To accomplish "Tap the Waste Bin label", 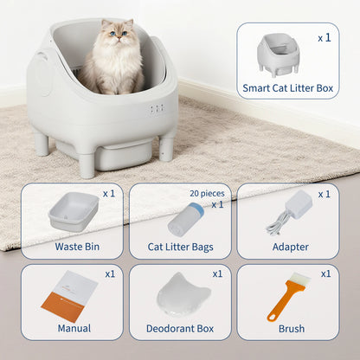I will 77,247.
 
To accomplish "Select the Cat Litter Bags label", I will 180,247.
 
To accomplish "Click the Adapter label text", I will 289,247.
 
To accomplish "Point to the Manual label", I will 74,329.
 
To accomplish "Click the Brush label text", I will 291,329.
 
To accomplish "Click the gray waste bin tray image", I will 73,210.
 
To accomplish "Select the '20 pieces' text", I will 207,194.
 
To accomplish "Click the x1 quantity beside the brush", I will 325,273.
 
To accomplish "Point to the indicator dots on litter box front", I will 156,109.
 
